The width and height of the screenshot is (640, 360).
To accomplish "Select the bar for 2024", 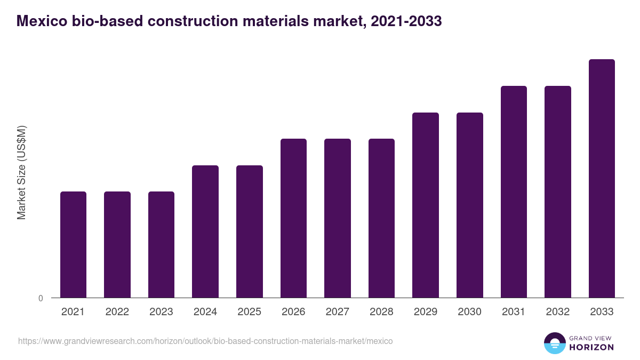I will (x=205, y=231).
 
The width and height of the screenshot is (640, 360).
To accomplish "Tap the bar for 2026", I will (x=293, y=218).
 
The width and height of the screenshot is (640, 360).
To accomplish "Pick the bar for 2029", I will (x=426, y=205).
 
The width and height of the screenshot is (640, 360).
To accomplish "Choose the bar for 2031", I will (x=514, y=191).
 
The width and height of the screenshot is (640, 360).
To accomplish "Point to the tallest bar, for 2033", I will (x=602, y=178).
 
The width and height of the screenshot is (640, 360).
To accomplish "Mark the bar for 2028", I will (x=381, y=218).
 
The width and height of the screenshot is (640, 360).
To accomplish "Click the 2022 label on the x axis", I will (x=117, y=312).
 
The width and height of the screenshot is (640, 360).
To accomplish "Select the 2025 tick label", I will (x=249, y=312).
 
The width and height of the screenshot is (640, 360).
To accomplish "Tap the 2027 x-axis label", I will (x=337, y=312).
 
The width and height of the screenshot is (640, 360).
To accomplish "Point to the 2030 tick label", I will (x=469, y=312).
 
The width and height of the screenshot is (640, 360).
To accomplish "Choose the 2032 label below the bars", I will (x=557, y=312).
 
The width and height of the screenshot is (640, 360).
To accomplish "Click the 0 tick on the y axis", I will (x=41, y=299).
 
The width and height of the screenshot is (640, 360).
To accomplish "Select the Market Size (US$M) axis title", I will (x=21, y=173).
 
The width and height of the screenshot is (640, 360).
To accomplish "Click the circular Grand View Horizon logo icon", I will (x=555, y=343).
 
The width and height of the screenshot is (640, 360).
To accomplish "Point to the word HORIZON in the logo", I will (x=591, y=347).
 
